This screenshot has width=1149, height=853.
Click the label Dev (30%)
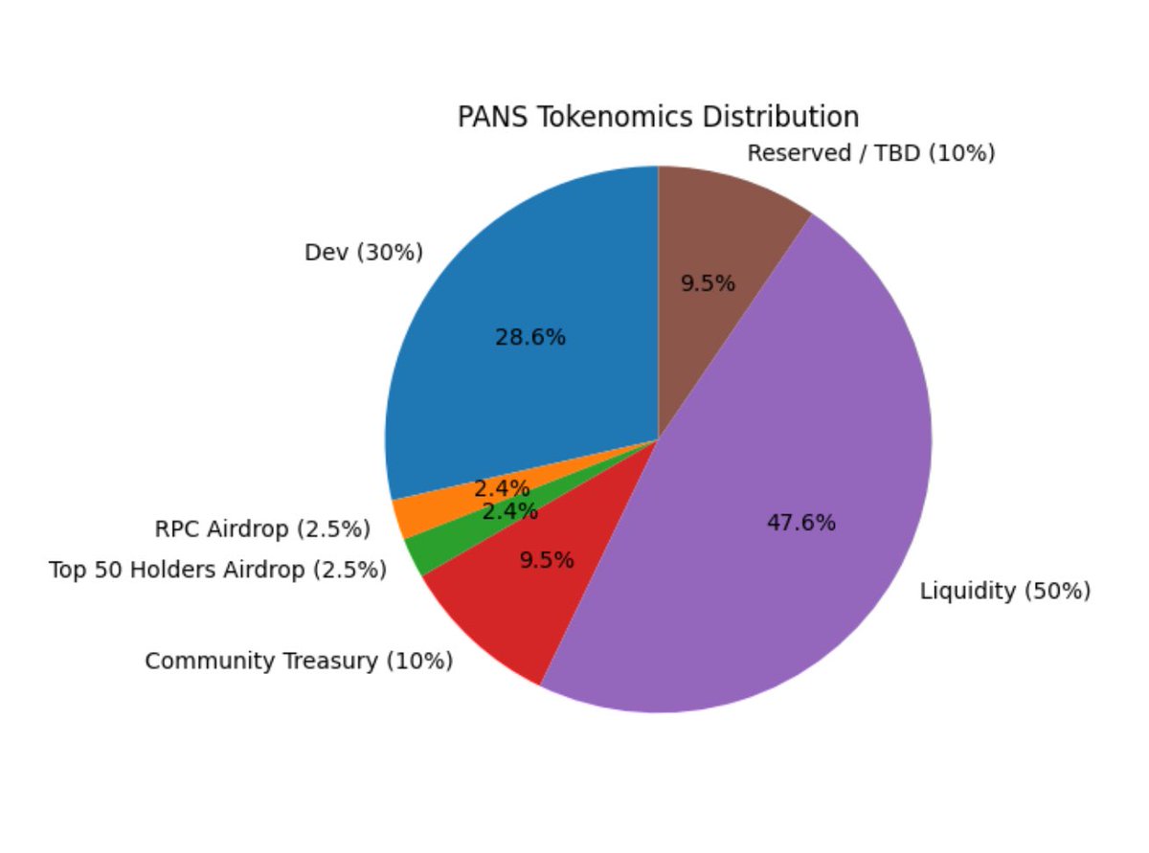[x=363, y=253]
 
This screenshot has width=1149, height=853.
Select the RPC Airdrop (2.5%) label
[x=262, y=528]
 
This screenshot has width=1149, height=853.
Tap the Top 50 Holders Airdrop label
[x=217, y=571]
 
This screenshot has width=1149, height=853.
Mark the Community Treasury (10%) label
[x=299, y=661]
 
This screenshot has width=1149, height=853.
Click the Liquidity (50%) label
[x=1005, y=591]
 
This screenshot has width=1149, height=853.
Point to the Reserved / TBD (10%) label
[x=870, y=152]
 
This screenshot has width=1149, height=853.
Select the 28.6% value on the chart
[x=530, y=337]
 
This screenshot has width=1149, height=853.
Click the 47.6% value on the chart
[x=800, y=523]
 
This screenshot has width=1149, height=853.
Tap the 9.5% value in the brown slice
[x=708, y=283]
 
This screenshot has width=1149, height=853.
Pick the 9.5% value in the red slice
[x=547, y=560]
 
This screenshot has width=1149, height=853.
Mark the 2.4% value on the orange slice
[x=502, y=488]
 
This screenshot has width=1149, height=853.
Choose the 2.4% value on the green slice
[x=509, y=511]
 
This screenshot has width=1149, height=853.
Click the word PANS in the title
[x=484, y=117]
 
